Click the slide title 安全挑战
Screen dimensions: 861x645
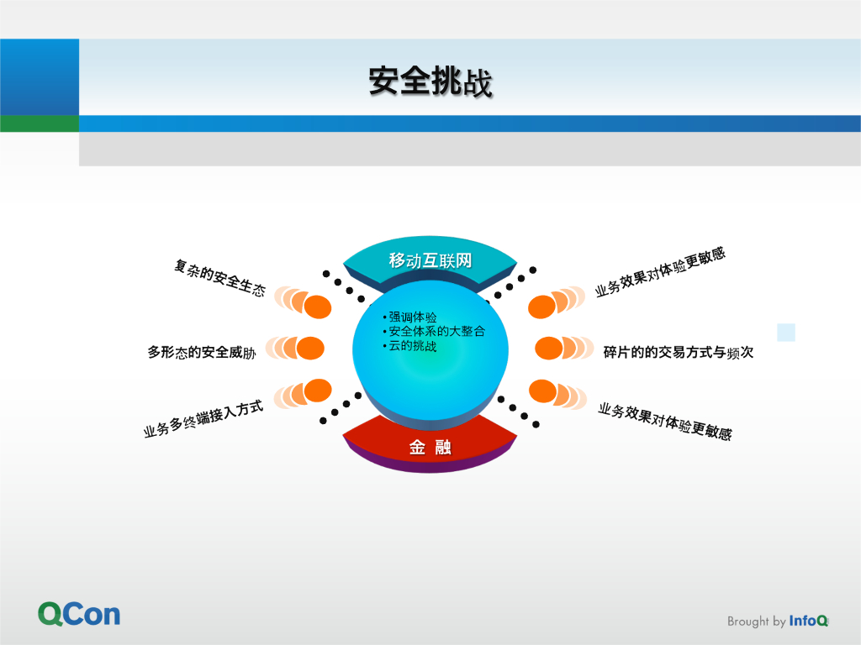[x=430, y=82]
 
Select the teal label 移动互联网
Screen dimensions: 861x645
[x=430, y=260]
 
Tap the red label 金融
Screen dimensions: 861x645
[x=430, y=448]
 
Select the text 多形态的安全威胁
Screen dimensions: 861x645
[x=202, y=353]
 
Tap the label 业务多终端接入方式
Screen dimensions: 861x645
[x=203, y=419]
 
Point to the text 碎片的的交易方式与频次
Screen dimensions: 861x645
[x=678, y=353]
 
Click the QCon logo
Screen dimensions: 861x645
[x=79, y=614]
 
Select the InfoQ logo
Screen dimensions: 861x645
[x=809, y=621]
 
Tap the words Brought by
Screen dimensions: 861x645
[x=756, y=621]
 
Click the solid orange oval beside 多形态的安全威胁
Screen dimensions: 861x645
[x=310, y=348]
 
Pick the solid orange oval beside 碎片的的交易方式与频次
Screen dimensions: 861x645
[x=549, y=348]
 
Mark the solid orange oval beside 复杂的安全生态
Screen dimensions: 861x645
[x=318, y=307]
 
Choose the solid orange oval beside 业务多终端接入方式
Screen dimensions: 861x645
[x=318, y=389]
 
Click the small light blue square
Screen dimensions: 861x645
[x=786, y=332]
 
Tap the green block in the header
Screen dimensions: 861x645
[x=40, y=123]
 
